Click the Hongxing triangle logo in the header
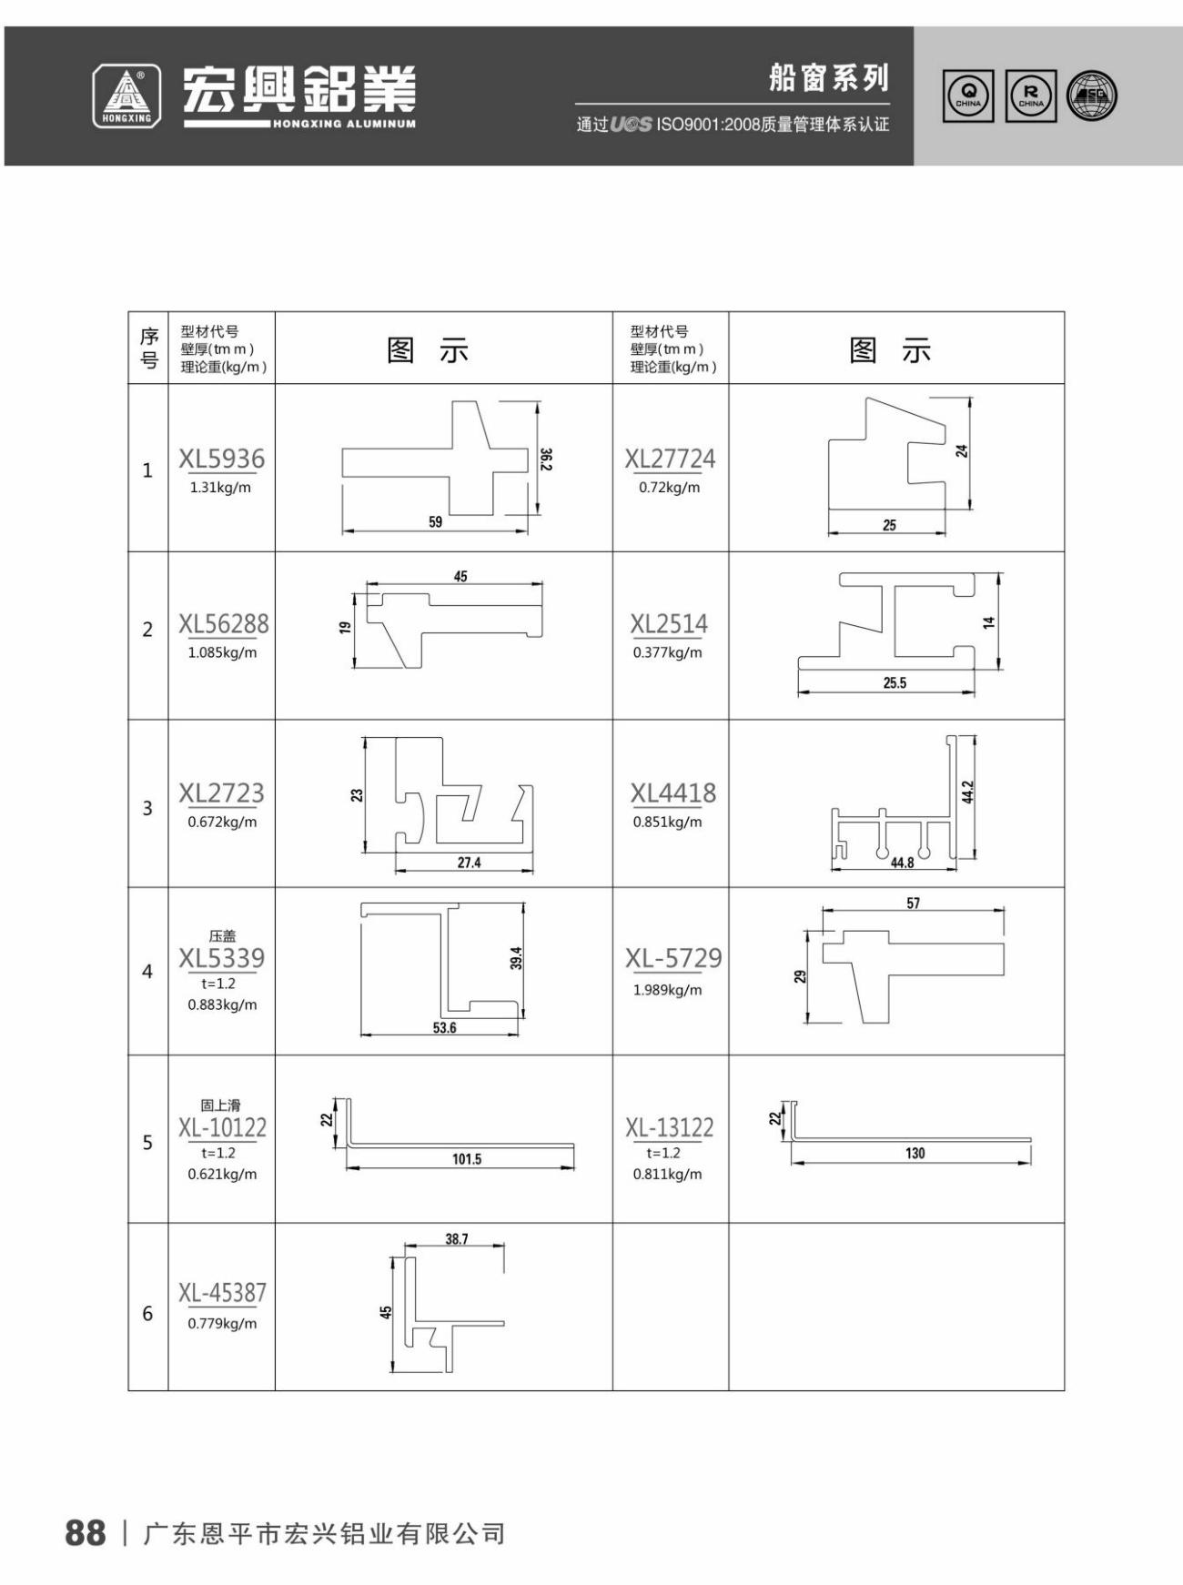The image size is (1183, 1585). click(x=126, y=96)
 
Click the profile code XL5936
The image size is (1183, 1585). click(x=221, y=459)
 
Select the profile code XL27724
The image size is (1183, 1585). click(x=670, y=459)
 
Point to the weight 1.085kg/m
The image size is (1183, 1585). click(x=222, y=652)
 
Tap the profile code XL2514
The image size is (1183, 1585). click(x=669, y=624)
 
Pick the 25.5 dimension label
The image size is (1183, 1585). click(x=895, y=682)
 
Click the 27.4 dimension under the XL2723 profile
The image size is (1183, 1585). click(x=469, y=863)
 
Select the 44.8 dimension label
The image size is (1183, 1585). click(x=902, y=863)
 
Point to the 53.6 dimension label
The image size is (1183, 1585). click(x=444, y=1028)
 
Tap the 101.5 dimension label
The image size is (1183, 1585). click(x=467, y=1159)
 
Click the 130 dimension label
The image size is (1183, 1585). click(x=915, y=1154)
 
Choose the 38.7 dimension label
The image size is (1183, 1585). click(x=457, y=1239)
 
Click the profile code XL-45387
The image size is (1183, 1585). click(x=222, y=1293)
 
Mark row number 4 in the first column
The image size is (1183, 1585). click(x=147, y=972)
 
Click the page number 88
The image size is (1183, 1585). click(x=86, y=1533)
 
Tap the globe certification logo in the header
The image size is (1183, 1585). click(x=1091, y=96)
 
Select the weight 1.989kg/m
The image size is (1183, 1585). click(x=668, y=990)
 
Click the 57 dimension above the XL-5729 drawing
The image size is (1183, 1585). click(x=913, y=904)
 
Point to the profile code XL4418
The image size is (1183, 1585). click(x=673, y=793)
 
